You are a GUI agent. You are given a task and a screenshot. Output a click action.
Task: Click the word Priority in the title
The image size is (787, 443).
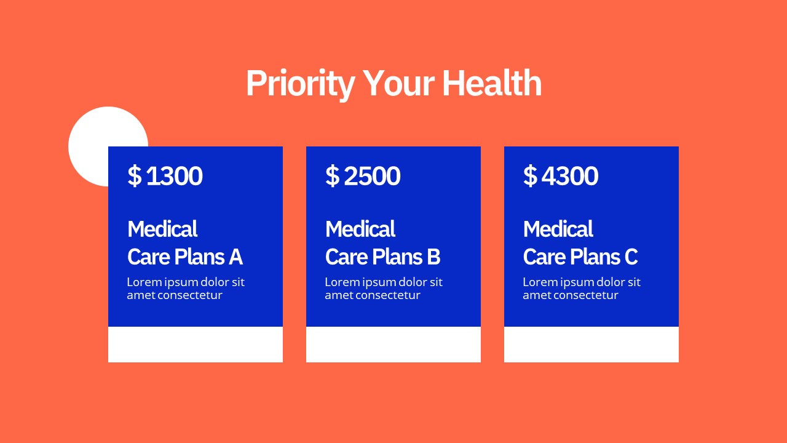(x=300, y=84)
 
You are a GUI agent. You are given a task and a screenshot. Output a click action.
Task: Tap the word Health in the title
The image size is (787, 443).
(x=491, y=84)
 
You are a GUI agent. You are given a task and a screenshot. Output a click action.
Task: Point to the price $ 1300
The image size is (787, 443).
(x=165, y=176)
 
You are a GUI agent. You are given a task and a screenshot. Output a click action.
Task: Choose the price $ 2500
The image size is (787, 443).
(x=363, y=176)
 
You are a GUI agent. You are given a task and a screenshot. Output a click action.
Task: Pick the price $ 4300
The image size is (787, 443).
(x=561, y=176)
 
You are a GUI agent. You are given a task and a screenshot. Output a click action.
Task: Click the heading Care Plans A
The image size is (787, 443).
(x=184, y=257)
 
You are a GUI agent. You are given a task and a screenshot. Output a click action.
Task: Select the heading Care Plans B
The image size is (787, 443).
(x=382, y=257)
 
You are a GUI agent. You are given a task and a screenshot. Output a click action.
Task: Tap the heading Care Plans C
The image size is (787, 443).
(x=580, y=257)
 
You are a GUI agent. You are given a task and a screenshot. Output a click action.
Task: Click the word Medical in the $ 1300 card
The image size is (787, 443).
(x=162, y=229)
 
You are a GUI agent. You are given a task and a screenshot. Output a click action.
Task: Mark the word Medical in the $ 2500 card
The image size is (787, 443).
(x=360, y=229)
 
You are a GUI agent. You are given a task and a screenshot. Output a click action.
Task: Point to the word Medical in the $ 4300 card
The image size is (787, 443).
(x=558, y=229)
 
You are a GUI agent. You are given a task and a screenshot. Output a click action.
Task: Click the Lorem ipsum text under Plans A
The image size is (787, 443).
(x=186, y=289)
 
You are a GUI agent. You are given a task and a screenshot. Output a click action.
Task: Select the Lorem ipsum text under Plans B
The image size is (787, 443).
(x=384, y=289)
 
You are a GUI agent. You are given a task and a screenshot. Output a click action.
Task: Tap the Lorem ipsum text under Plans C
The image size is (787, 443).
(x=582, y=289)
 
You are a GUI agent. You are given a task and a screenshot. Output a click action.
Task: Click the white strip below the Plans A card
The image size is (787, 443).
(x=196, y=345)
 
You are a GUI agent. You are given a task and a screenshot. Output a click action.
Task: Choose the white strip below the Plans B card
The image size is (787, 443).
(x=393, y=345)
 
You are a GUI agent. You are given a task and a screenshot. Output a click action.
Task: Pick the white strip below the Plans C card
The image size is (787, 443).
(x=591, y=345)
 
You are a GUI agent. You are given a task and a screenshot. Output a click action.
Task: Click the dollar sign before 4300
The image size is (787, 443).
(x=530, y=176)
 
